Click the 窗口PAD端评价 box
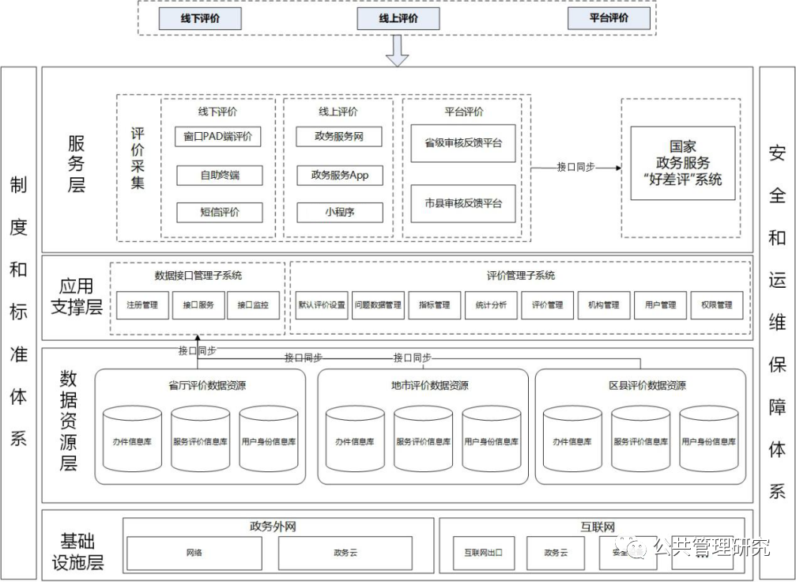pyautogui.click(x=217, y=136)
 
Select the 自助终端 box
pyautogui.click(x=219, y=175)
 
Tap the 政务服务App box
pyautogui.click(x=339, y=175)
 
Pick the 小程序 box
pyautogui.click(x=339, y=212)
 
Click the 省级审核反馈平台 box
pyautogui.click(x=462, y=143)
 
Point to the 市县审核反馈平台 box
pyautogui.click(x=462, y=203)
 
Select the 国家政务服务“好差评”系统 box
pyautogui.click(x=683, y=163)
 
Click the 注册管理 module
pyautogui.click(x=142, y=305)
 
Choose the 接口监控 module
pyautogui.click(x=253, y=305)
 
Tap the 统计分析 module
pyautogui.click(x=491, y=305)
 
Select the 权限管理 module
pyautogui.click(x=716, y=305)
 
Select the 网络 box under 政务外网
pyautogui.click(x=194, y=553)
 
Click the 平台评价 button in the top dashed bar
pyautogui.click(x=609, y=18)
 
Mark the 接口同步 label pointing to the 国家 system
pyautogui.click(x=575, y=167)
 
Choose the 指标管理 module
pyautogui.click(x=434, y=305)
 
